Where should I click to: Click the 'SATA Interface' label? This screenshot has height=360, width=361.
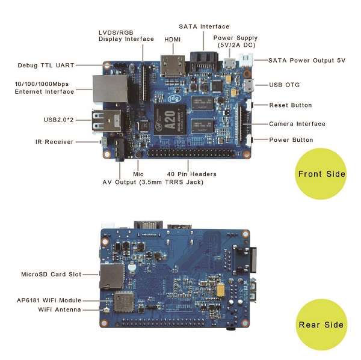(x=204, y=26)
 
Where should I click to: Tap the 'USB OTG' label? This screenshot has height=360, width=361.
(x=285, y=85)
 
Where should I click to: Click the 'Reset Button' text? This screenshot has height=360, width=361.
(x=290, y=105)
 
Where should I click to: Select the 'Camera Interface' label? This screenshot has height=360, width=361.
(x=297, y=124)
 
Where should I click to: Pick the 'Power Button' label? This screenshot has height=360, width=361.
(x=291, y=140)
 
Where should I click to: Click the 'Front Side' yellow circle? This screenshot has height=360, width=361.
(x=321, y=174)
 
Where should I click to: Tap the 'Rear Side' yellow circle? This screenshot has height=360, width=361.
(x=321, y=325)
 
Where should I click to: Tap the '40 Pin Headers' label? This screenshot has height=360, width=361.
(x=191, y=174)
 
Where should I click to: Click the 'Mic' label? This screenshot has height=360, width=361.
(x=138, y=174)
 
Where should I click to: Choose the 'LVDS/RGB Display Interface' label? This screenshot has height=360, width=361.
(x=126, y=35)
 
